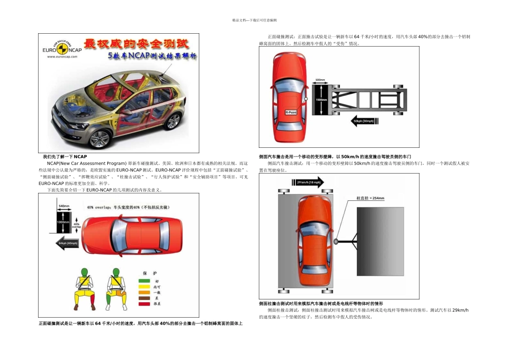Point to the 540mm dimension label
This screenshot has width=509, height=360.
(x=64, y=205)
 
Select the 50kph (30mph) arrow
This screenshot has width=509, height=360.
(x=363, y=121)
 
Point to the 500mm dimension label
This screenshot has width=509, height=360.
(x=320, y=80)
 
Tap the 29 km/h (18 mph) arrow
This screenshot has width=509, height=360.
(x=307, y=182)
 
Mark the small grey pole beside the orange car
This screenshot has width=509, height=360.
(x=336, y=242)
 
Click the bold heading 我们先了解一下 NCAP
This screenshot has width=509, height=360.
(x=65, y=156)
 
